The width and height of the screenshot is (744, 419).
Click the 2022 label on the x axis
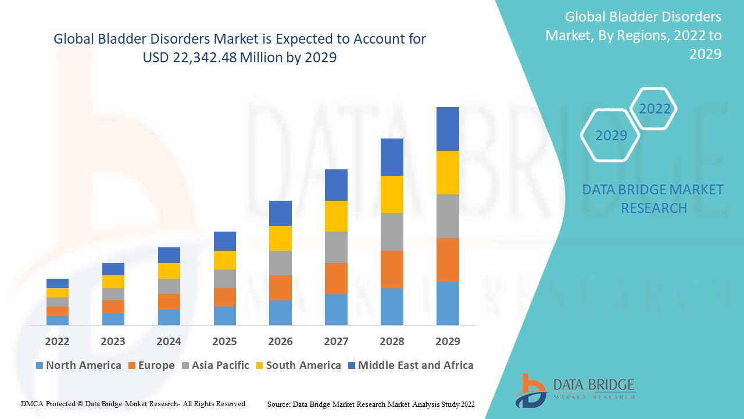point(57,341)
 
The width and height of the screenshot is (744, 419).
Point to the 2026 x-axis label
point(280,341)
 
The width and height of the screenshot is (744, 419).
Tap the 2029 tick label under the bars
point(448,341)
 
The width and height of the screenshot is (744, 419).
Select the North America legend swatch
point(40,365)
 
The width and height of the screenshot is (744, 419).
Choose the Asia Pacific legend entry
point(216,365)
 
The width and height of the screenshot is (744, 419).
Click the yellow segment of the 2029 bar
point(448,172)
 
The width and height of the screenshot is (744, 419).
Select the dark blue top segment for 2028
point(392,157)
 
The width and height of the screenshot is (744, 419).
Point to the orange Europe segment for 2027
point(336,278)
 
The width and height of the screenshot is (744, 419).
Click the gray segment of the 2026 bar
point(280,263)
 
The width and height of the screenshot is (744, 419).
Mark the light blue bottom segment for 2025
point(224,315)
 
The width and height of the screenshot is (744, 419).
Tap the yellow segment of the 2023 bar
point(113,282)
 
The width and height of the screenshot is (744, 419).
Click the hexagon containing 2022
point(654,109)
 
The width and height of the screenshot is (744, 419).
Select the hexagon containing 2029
point(611,135)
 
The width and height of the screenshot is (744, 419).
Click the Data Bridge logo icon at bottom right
point(530,390)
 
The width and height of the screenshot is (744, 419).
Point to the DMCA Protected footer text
point(134,403)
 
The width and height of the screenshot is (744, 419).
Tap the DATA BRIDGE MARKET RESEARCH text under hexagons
point(653,198)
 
